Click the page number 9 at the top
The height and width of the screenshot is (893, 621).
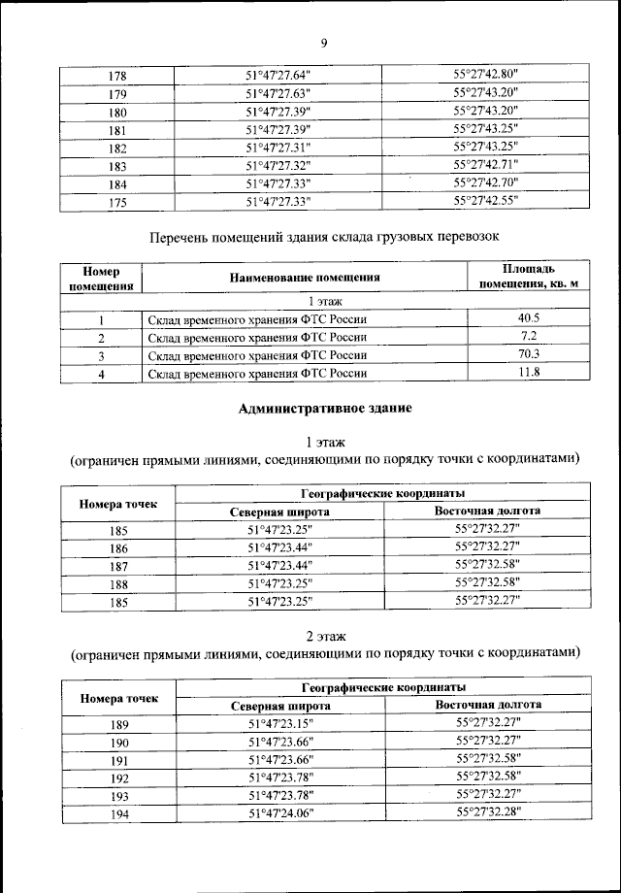coord(324,42)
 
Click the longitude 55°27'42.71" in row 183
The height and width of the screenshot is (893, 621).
coord(486,165)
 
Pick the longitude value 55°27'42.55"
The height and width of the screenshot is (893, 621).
coord(486,201)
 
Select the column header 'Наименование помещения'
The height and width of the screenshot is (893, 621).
coord(305,278)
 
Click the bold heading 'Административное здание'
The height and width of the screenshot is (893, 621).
coord(324,409)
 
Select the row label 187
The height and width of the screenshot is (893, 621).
coord(118,566)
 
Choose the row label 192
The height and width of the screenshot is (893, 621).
coord(118,777)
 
